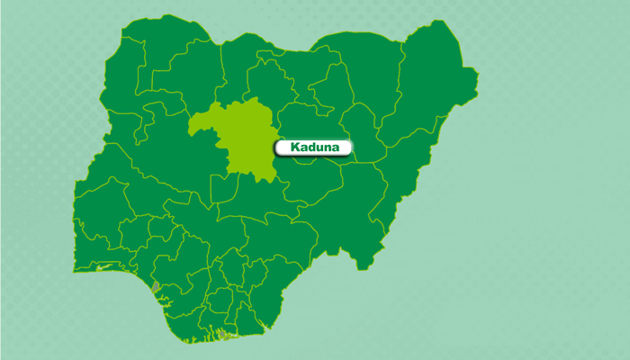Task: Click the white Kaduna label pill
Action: tap(313, 147)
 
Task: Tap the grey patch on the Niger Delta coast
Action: tap(220, 334)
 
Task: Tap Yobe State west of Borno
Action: tap(364, 81)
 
